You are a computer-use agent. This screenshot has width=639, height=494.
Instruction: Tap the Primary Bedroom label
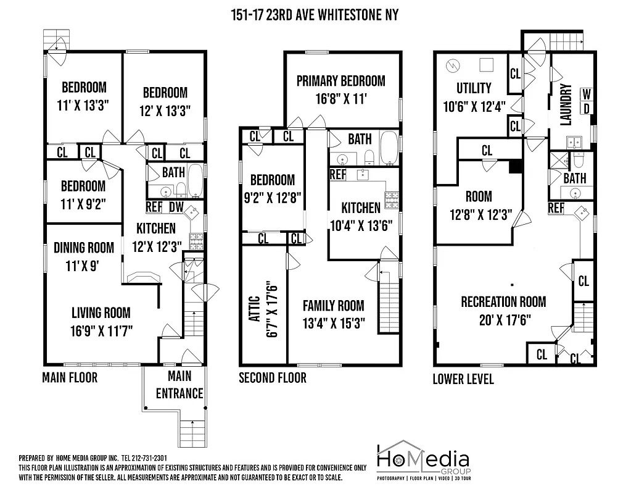tap(340, 81)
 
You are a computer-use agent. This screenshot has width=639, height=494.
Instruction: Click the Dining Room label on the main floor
tap(84, 248)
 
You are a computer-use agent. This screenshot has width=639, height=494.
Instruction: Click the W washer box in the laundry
tap(587, 94)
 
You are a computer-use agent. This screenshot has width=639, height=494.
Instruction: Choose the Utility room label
tap(474, 88)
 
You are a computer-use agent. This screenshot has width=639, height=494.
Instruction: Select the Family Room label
tap(333, 306)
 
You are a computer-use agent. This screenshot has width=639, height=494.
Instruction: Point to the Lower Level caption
tap(463, 379)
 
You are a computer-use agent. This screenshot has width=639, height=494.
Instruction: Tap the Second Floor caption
tap(272, 377)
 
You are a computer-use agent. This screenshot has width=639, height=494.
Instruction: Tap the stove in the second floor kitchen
tap(391, 199)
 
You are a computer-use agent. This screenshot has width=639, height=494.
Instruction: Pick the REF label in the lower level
tap(556, 208)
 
